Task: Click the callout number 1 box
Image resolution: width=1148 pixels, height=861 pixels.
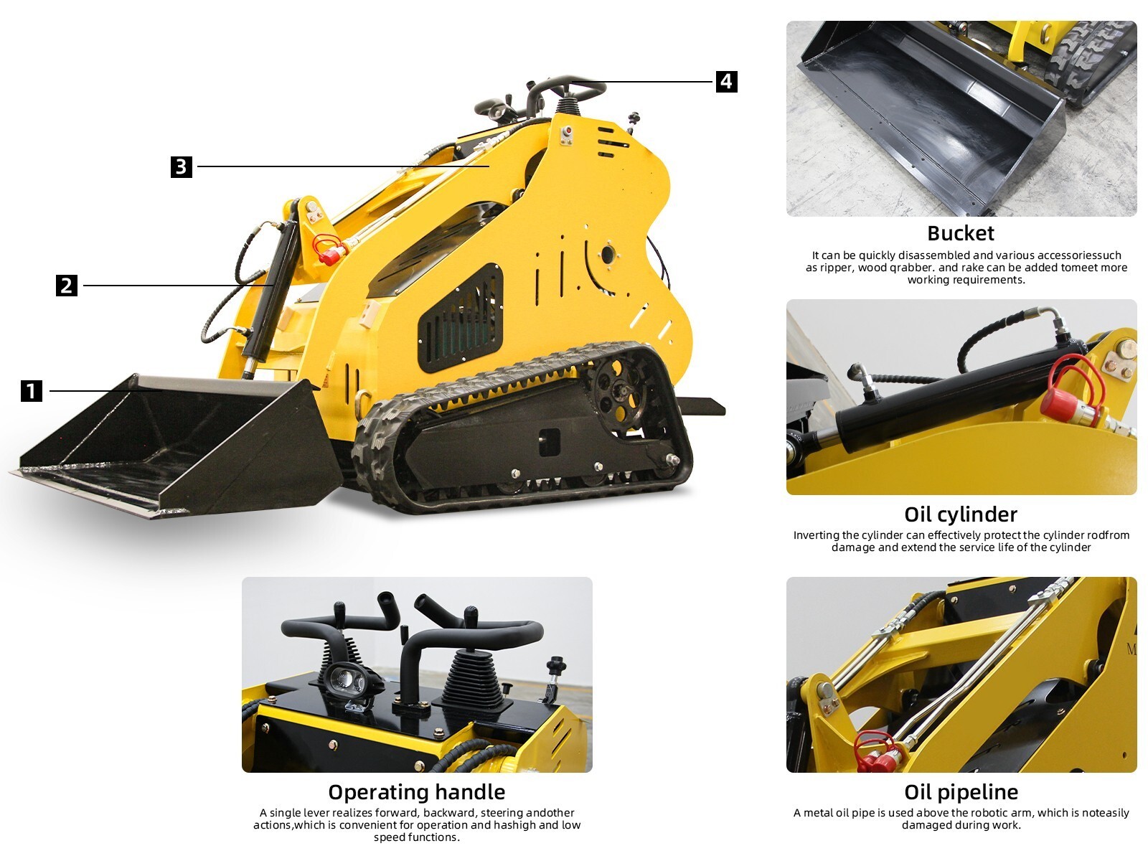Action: click(x=32, y=391)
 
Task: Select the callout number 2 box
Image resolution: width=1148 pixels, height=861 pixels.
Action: click(x=67, y=286)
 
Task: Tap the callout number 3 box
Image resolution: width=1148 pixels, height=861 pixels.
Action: click(x=182, y=166)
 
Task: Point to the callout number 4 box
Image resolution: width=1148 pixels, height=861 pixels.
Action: click(x=726, y=81)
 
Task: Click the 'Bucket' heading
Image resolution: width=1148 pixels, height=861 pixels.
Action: click(x=961, y=233)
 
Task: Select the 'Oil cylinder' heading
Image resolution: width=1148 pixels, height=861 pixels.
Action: click(x=961, y=514)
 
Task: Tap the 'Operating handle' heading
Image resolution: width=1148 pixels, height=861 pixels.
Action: click(x=416, y=792)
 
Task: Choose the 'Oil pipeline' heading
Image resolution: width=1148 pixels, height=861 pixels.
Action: click(x=961, y=792)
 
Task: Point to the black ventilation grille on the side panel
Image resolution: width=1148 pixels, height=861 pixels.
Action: click(x=460, y=319)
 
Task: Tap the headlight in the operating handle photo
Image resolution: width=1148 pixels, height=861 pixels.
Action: click(x=347, y=678)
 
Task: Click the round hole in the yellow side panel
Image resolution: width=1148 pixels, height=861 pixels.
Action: click(x=608, y=253)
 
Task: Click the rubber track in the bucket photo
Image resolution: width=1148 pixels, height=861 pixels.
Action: click(x=1091, y=61)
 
